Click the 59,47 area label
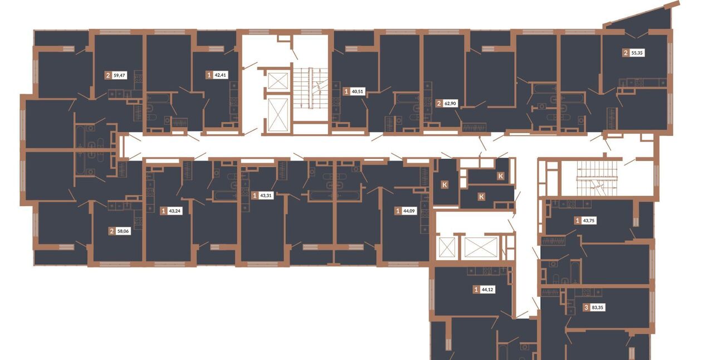pyautogui.click(x=120, y=75)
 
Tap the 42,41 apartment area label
pyautogui.click(x=221, y=75)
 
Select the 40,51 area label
pyautogui.click(x=357, y=91)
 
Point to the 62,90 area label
pyautogui.click(x=450, y=103)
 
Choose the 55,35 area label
pyautogui.click(x=637, y=53)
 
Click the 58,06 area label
pyautogui.click(x=123, y=231)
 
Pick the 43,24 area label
pyautogui.click(x=175, y=211)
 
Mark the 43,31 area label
pyautogui.click(x=266, y=195)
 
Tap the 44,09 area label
pyautogui.click(x=409, y=211)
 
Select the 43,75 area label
pyautogui.click(x=589, y=221)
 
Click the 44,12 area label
pyautogui.click(x=487, y=290)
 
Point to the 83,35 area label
pyautogui.click(x=598, y=308)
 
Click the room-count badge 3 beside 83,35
pyautogui.click(x=587, y=308)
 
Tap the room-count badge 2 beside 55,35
pyautogui.click(x=626, y=53)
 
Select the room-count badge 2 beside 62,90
pyautogui.click(x=439, y=103)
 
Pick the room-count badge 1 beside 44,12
pyautogui.click(x=476, y=290)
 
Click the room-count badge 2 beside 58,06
pyautogui.click(x=112, y=231)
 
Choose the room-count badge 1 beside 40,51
pyautogui.click(x=346, y=91)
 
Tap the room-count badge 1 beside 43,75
pyautogui.click(x=578, y=221)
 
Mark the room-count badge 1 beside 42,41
pyautogui.click(x=209, y=75)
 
